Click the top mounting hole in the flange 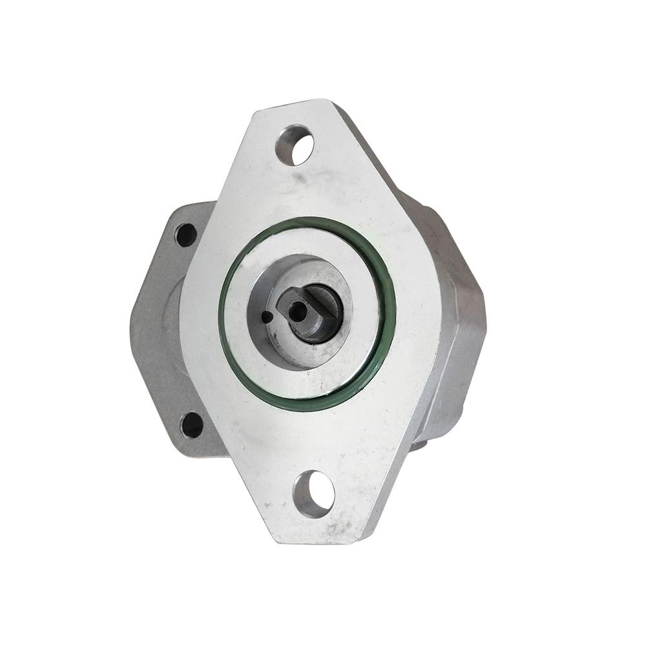click(x=295, y=145)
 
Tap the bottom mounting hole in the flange click(x=315, y=494)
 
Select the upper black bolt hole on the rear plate click(x=186, y=234)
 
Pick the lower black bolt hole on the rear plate click(x=192, y=424)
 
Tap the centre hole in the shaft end click(x=298, y=311)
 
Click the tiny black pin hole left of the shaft click(x=267, y=316)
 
